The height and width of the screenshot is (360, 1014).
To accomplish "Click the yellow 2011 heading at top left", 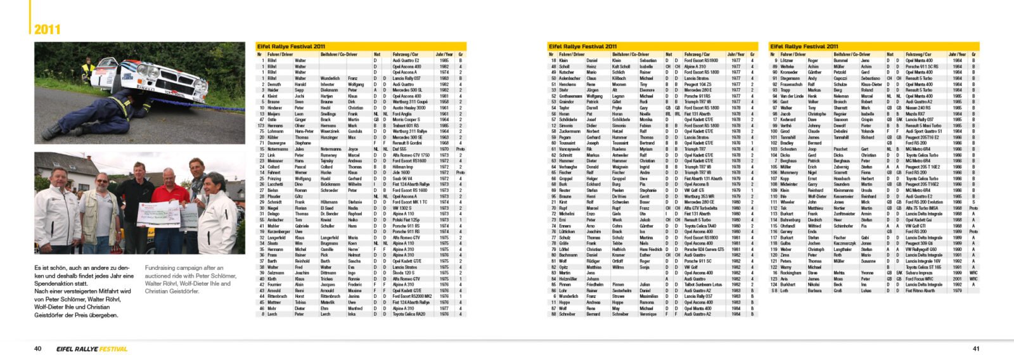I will (48, 29).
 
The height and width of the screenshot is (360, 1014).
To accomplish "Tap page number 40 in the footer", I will (38, 349).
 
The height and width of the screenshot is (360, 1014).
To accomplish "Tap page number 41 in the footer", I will (976, 349).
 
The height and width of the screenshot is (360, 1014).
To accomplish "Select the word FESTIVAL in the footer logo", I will (113, 349).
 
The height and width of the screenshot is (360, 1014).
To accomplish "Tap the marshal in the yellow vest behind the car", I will (87, 68).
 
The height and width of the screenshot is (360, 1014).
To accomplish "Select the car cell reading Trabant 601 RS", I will (406, 125).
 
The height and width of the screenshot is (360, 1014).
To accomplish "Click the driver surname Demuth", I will (274, 84).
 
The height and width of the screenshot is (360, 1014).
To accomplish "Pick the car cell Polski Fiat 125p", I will (406, 220).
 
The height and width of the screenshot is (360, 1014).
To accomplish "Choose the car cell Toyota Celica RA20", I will (409, 314).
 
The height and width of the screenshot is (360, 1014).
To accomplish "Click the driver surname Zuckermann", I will (568, 131).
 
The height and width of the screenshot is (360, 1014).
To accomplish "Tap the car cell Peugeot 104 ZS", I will (697, 84).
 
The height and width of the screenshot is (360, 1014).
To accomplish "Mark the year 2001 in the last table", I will (957, 279).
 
